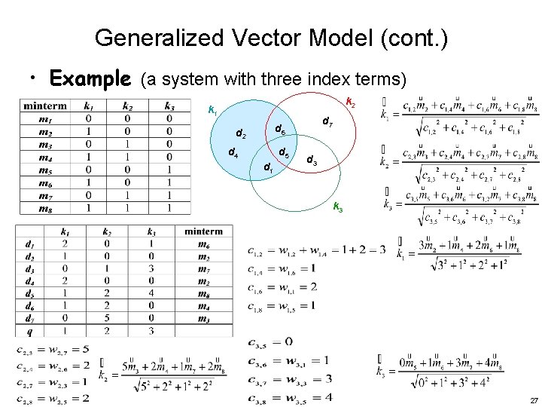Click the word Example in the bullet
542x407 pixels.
click(89, 78)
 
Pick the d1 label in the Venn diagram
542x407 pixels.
click(269, 167)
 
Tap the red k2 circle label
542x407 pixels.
click(351, 103)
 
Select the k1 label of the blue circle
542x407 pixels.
click(212, 111)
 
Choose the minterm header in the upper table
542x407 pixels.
click(47, 106)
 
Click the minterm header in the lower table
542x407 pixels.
click(202, 231)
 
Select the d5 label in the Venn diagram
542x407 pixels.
click(284, 154)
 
